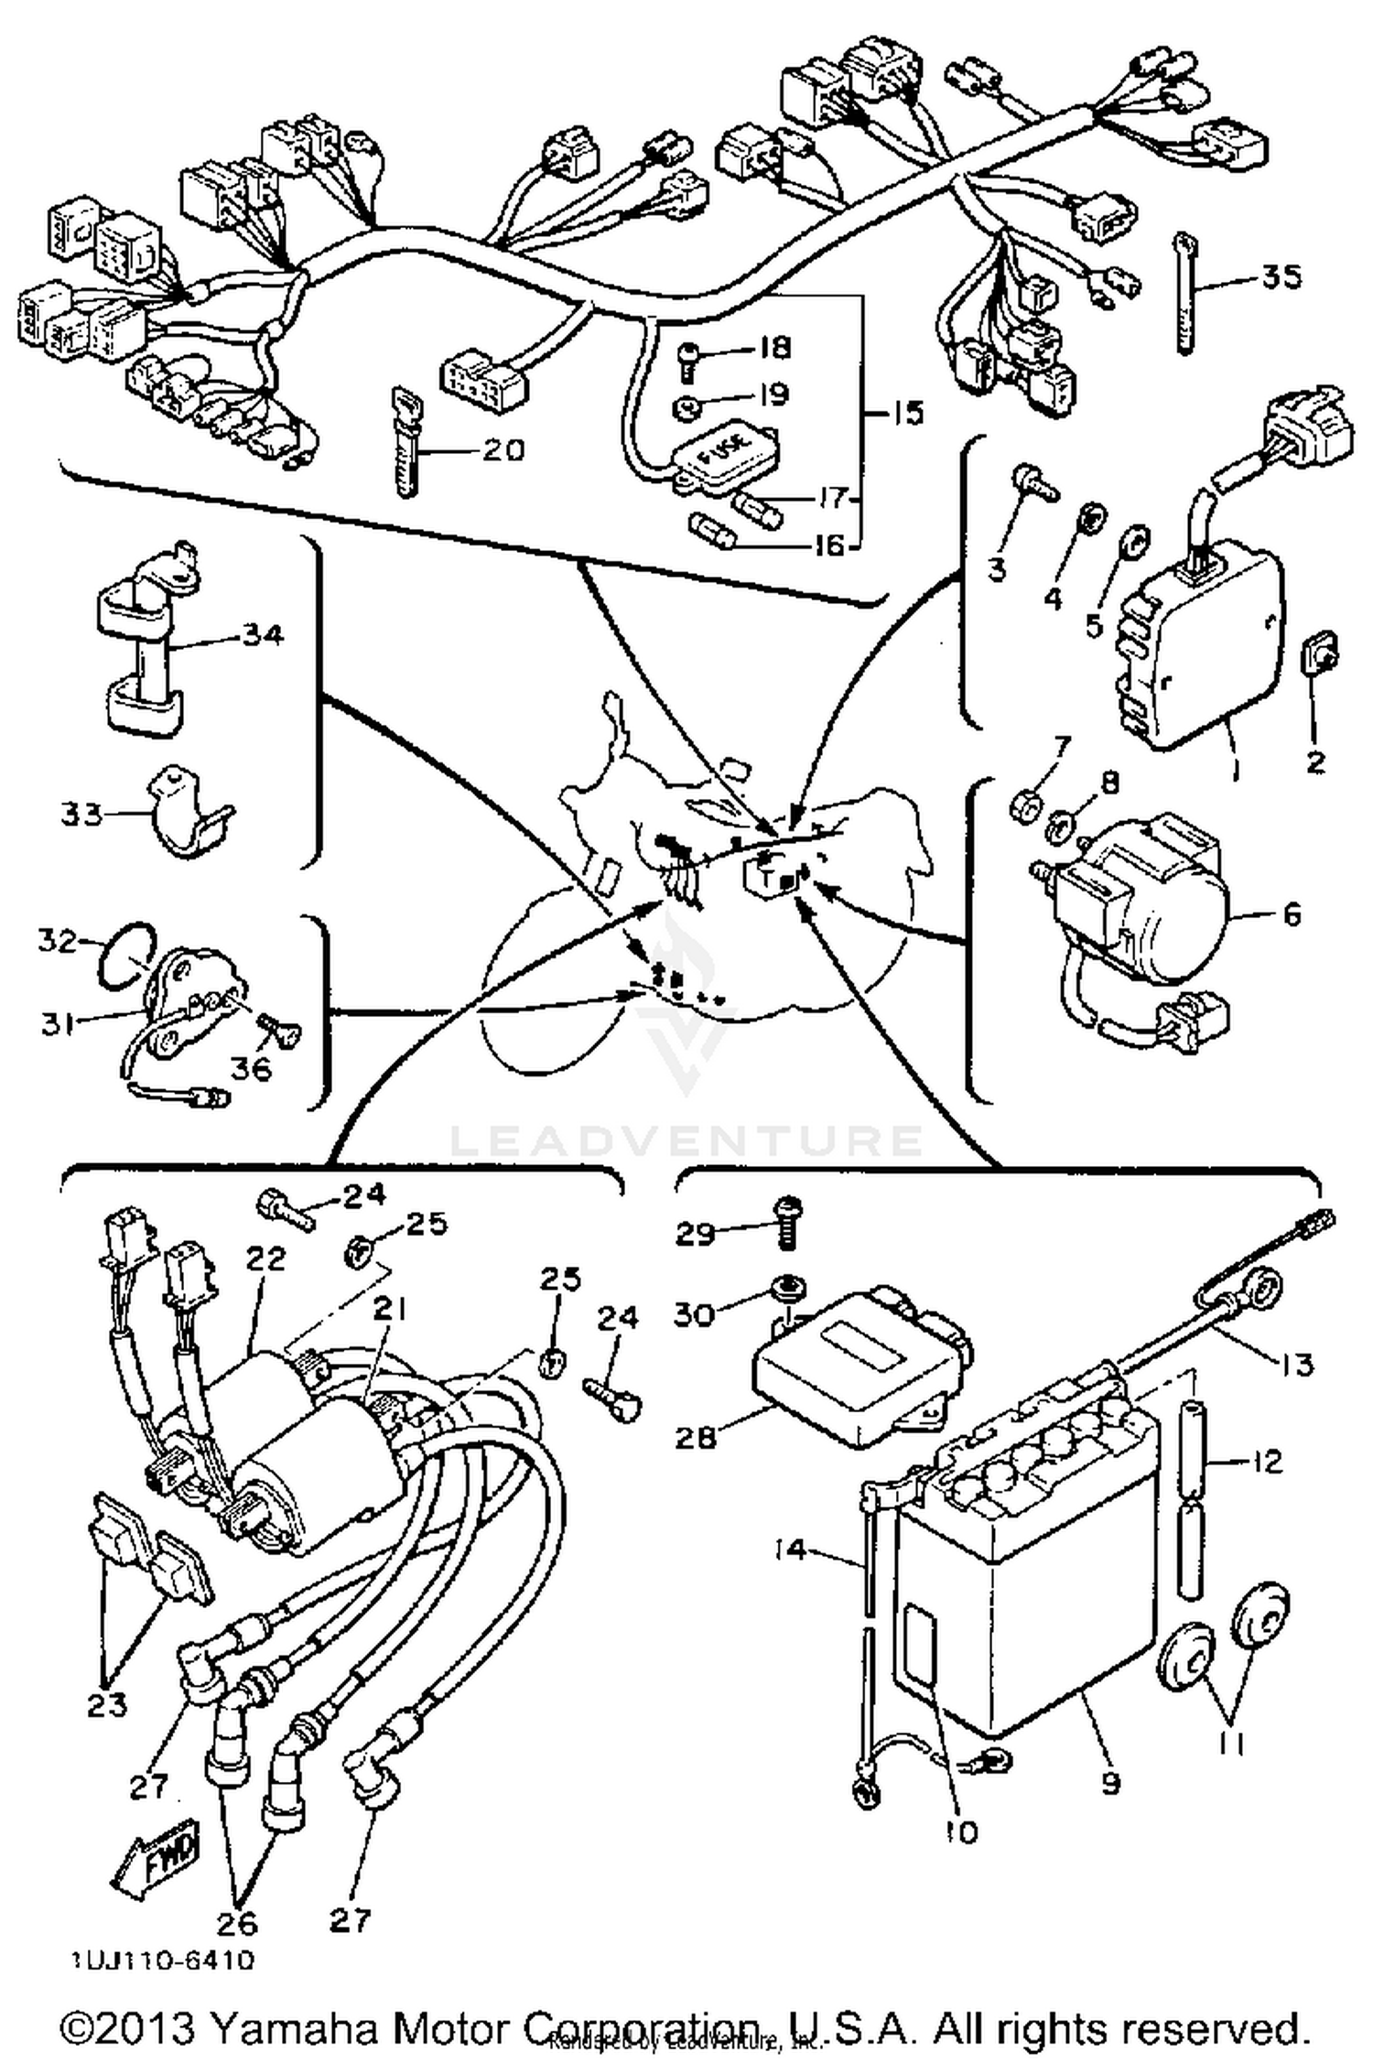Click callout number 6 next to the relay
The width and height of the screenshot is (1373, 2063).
pyautogui.click(x=1292, y=914)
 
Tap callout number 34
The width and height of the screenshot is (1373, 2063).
pyautogui.click(x=263, y=634)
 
